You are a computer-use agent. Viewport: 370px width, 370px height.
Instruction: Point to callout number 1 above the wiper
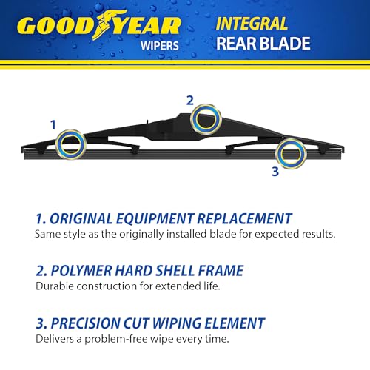click(53, 125)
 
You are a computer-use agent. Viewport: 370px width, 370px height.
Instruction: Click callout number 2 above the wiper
click(189, 100)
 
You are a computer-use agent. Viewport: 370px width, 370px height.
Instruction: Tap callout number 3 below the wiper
click(275, 172)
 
